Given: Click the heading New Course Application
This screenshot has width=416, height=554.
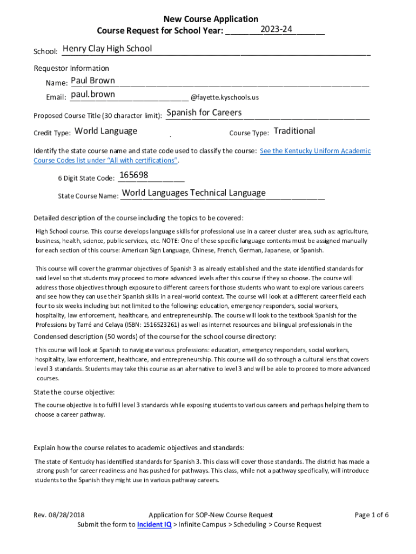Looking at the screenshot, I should click(x=211, y=19).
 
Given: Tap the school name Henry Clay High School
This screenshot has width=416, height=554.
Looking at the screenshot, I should click(x=107, y=49).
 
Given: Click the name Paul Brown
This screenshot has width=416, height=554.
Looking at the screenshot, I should click(x=93, y=81).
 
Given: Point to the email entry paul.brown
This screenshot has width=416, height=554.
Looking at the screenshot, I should click(x=93, y=95).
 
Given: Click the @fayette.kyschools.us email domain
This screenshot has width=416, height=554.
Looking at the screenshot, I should click(x=225, y=97).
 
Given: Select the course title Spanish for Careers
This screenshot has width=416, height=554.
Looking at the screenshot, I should click(x=204, y=113).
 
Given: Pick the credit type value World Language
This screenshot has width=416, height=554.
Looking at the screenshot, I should click(x=106, y=131).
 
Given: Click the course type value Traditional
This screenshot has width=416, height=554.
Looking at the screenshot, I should click(x=294, y=131).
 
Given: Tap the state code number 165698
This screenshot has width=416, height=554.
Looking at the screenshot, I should click(x=133, y=175).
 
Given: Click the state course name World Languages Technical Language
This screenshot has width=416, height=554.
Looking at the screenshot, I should click(x=194, y=193).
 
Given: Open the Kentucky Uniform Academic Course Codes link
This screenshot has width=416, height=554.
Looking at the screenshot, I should click(x=315, y=151).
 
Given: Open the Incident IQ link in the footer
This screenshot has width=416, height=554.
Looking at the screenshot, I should click(x=154, y=524).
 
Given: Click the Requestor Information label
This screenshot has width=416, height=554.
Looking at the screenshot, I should click(x=71, y=68).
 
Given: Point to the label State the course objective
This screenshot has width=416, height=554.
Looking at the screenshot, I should click(x=74, y=392).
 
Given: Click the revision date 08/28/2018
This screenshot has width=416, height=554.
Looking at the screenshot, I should click(x=66, y=515).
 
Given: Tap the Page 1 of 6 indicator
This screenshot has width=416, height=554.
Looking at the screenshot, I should click(x=372, y=515).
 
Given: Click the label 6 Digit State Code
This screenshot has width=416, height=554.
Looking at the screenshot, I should click(x=86, y=178).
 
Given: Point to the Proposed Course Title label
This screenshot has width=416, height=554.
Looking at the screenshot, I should click(x=98, y=116).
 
